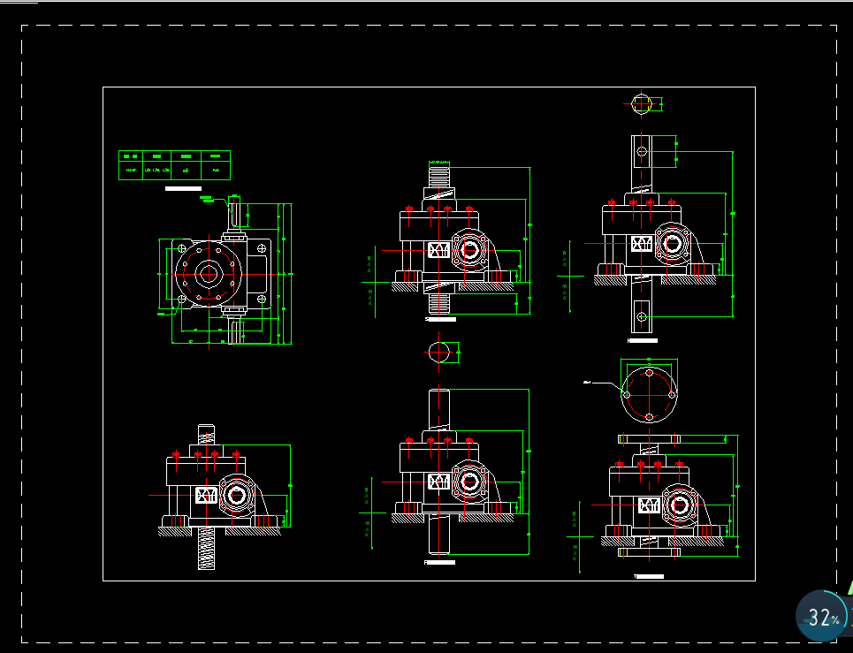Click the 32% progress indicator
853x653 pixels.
[x=823, y=618]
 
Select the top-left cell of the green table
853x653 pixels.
[x=132, y=156]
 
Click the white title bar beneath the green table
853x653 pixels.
[x=183, y=188]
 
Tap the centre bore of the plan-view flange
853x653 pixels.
[x=209, y=273]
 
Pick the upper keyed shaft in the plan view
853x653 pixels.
[x=235, y=215]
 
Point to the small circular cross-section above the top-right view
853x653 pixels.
[x=643, y=104]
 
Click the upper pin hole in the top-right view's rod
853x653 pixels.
[x=643, y=151]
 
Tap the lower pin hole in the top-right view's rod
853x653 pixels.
[x=643, y=315]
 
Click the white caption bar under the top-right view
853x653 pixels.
[x=643, y=339]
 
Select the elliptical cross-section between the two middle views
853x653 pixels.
[x=439, y=352]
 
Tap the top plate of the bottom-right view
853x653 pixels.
[x=649, y=438]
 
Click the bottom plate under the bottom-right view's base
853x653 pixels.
[x=649, y=551]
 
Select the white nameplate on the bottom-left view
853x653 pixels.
[x=205, y=495]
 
